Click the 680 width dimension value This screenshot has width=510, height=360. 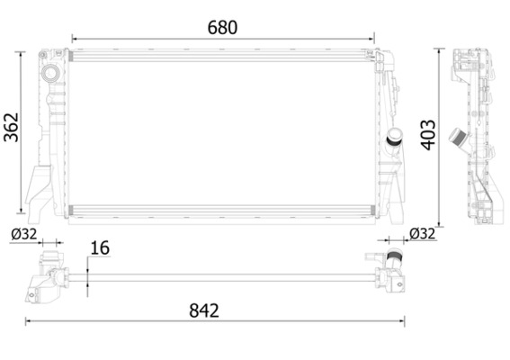[222, 27]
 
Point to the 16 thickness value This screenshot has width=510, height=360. [99, 248]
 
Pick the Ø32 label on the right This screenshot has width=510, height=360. [422, 233]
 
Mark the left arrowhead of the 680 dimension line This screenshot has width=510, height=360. [74, 39]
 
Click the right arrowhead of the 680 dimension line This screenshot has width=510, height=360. [371, 39]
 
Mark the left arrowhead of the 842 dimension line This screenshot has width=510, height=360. [28, 323]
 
